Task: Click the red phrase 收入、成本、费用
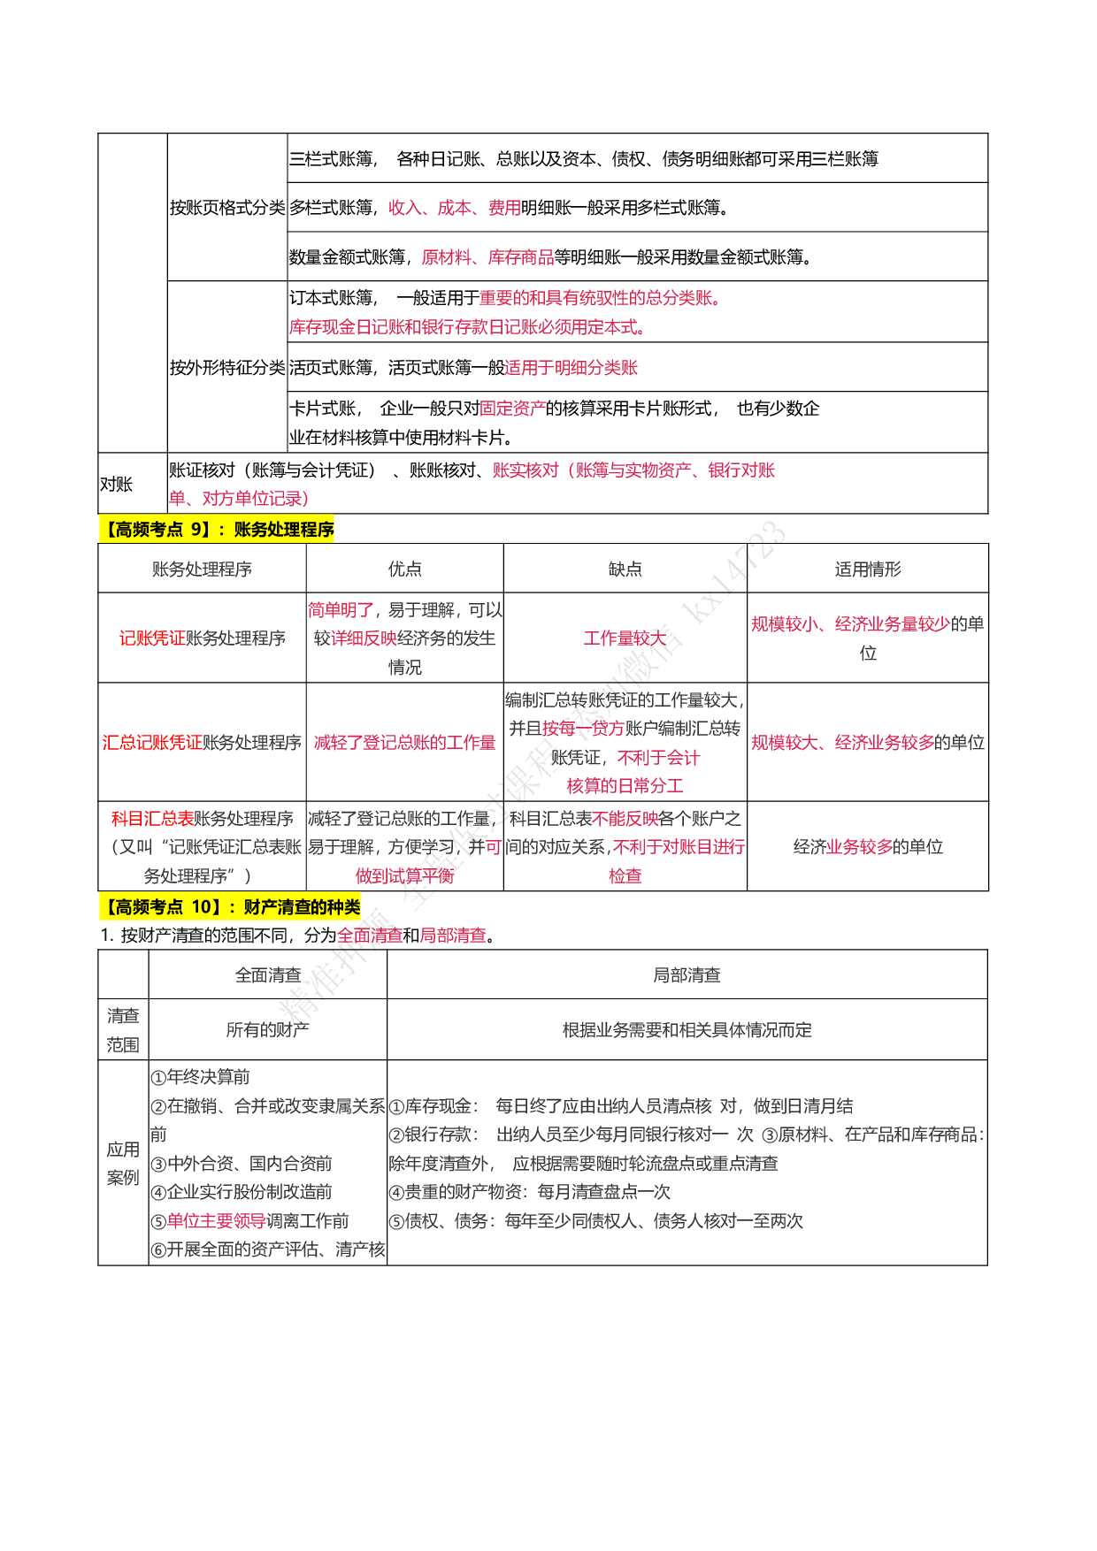point(454,208)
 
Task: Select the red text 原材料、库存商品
point(487,257)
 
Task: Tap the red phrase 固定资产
point(512,409)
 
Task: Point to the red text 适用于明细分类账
point(571,368)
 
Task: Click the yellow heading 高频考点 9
point(217,530)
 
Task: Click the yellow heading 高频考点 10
point(230,906)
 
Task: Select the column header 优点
point(404,569)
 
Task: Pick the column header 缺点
point(625,569)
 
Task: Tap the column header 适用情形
point(867,569)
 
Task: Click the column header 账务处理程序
point(202,569)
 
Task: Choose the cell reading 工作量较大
point(625,638)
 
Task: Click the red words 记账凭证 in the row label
point(152,638)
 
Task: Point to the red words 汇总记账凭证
point(152,743)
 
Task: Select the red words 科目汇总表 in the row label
point(152,819)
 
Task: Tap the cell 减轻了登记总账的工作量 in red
point(404,743)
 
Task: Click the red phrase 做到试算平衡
point(404,876)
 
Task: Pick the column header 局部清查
point(687,975)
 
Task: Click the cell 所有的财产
point(267,1030)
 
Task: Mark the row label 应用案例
point(123,1164)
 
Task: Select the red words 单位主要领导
point(217,1221)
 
